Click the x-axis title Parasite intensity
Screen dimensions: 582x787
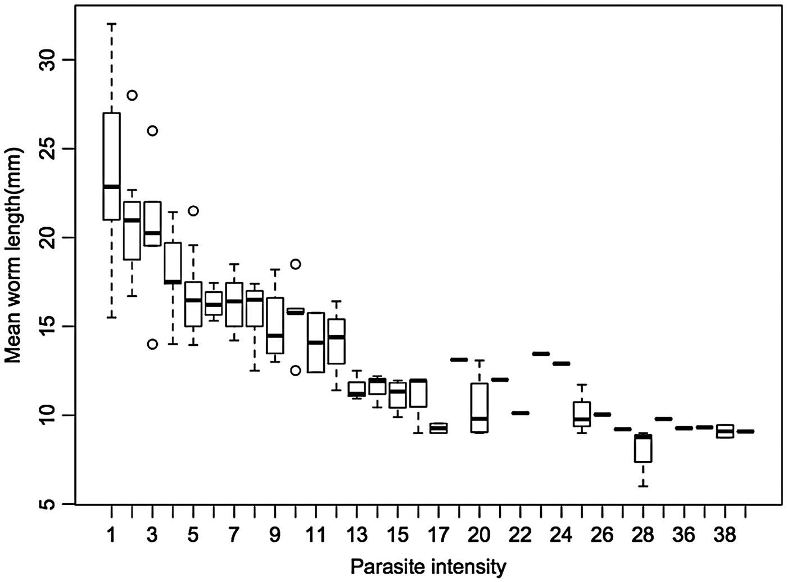pos(428,566)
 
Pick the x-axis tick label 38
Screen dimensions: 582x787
pos(725,535)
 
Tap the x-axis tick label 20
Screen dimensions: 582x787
pos(479,535)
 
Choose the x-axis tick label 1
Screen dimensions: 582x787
pos(111,535)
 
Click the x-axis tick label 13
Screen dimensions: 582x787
pos(356,535)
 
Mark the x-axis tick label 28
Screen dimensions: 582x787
pos(643,535)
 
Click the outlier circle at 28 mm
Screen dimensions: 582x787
pos(132,95)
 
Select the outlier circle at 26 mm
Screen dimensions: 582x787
pos(152,130)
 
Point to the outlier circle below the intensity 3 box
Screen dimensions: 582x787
pos(152,344)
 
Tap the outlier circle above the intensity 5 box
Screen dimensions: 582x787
pos(193,211)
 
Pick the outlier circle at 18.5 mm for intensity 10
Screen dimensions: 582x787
pos(296,264)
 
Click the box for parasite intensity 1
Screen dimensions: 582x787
pos(111,166)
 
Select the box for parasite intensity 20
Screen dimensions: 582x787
pos(479,408)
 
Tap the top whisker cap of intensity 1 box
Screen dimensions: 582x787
pos(111,24)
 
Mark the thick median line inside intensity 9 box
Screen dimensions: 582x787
pos(275,335)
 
